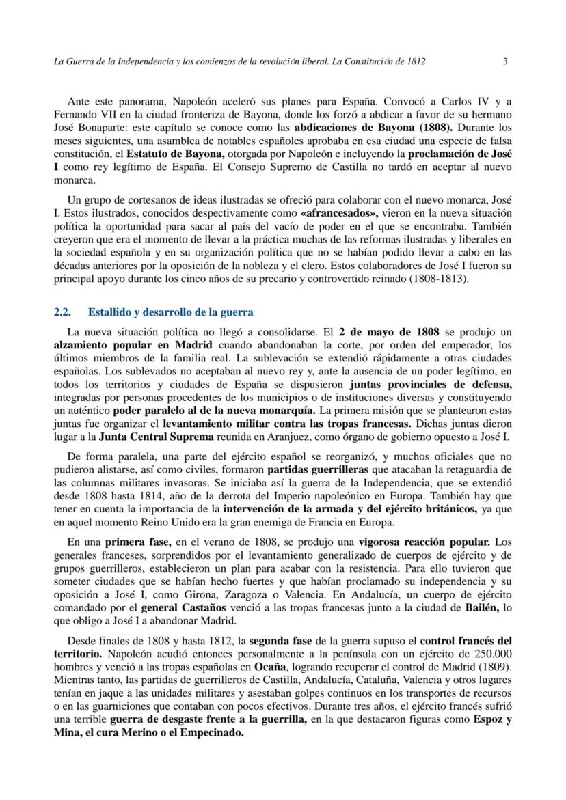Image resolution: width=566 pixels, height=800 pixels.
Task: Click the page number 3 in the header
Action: [504, 61]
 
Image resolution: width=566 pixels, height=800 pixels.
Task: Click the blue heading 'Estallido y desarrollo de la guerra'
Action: [171, 312]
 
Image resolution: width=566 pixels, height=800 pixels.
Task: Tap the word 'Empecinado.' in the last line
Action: [212, 732]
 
